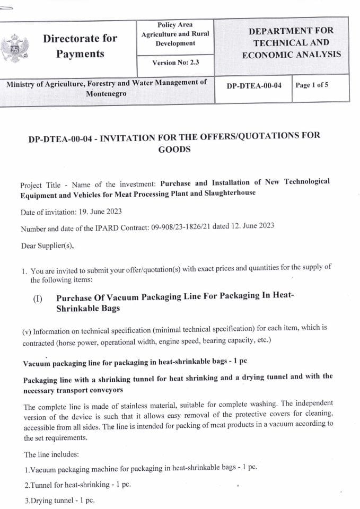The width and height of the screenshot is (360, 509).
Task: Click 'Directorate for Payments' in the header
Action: [x=80, y=46]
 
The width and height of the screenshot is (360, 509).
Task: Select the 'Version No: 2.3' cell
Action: [x=175, y=63]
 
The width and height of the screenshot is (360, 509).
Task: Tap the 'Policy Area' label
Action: [x=175, y=25]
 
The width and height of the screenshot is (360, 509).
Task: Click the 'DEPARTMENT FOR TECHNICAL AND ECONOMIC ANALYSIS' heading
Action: [x=291, y=43]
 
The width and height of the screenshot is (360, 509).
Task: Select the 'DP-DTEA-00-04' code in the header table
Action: [x=253, y=85]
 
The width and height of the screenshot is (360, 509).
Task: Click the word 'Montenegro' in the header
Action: [x=106, y=93]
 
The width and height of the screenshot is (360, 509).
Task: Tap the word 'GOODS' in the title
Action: [x=174, y=149]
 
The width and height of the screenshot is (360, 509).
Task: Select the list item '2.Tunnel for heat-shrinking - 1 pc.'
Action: [x=77, y=485]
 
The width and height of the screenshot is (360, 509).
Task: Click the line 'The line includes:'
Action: [x=51, y=454]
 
